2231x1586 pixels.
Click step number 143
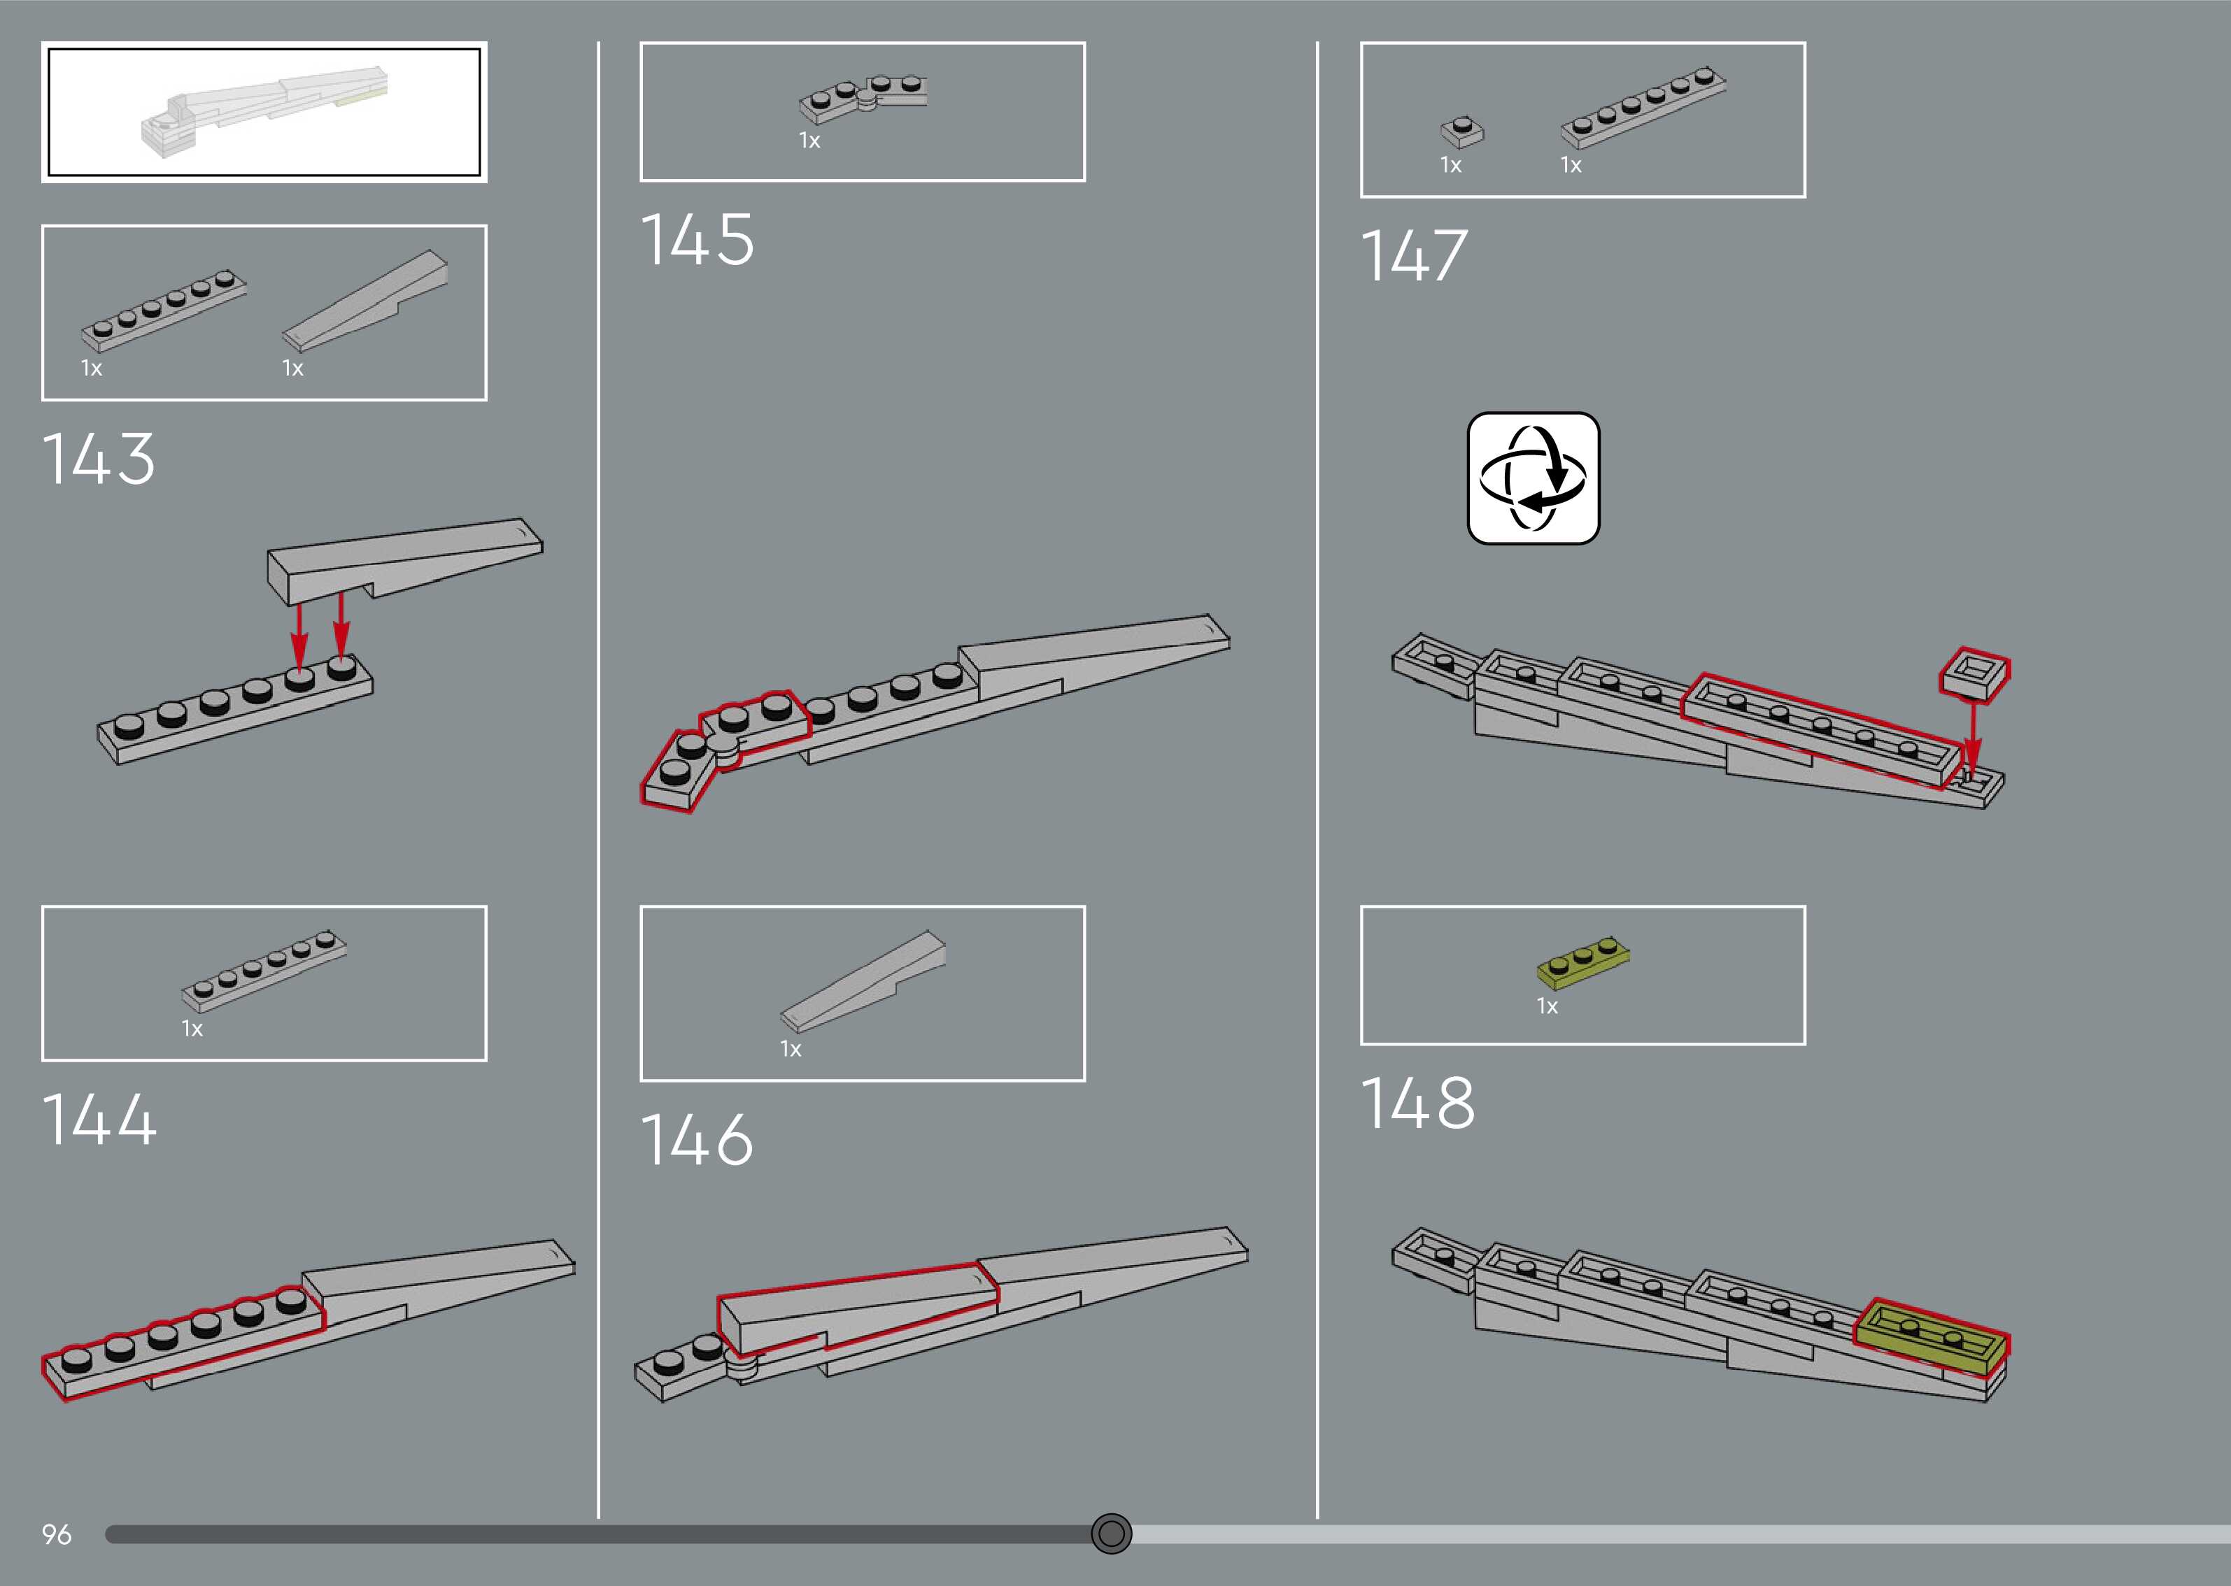[99, 458]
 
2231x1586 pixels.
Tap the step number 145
[697, 241]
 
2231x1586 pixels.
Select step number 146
[697, 1140]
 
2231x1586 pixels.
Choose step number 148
[1417, 1103]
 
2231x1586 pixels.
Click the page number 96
[57, 1534]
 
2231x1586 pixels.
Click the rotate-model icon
[1533, 478]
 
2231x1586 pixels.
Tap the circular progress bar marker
[1111, 1534]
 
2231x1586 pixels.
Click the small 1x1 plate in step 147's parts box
[1461, 131]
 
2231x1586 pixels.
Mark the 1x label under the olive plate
[1547, 1006]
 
